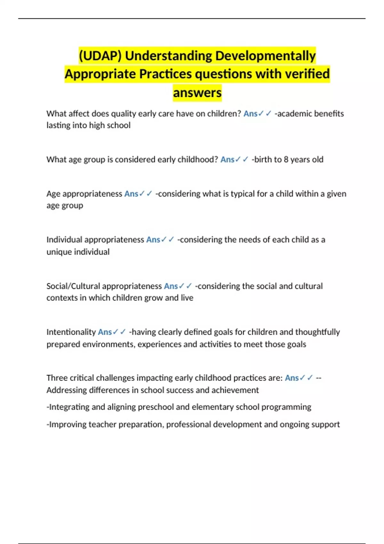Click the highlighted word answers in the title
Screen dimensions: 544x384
197,93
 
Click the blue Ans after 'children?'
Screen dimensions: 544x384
250,114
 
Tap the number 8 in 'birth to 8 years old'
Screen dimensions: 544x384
286,159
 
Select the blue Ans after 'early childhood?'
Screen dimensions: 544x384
227,159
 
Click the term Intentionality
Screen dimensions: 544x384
71,332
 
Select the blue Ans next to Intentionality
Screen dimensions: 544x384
105,332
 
